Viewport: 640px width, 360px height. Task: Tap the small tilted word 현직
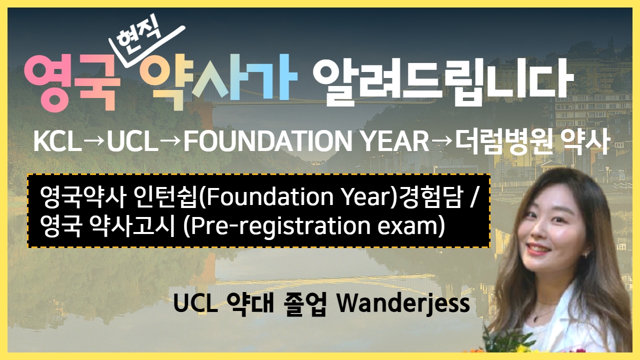point(139,34)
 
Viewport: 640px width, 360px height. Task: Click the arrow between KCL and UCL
point(94,141)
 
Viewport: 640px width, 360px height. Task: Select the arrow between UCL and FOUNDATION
point(171,141)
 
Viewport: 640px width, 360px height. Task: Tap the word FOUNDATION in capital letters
point(267,141)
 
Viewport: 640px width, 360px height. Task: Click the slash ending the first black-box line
point(473,196)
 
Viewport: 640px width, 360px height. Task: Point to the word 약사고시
point(131,225)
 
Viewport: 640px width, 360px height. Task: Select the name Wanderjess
point(403,303)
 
